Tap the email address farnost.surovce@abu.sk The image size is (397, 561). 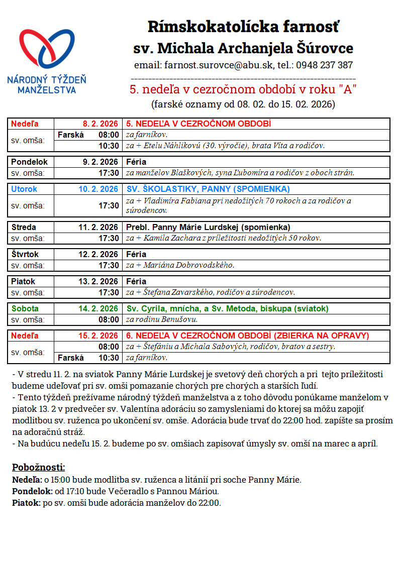218,65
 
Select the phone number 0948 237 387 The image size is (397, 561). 324,65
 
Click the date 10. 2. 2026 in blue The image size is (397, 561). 98,189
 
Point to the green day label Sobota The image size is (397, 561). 25,309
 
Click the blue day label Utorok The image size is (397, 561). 24,189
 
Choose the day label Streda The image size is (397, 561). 24,227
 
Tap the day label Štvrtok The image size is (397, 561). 25,254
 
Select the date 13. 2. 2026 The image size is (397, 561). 98,281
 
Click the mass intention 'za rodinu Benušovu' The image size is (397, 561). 162,319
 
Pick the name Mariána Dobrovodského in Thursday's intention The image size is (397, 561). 191,265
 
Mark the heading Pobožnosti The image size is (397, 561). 39,468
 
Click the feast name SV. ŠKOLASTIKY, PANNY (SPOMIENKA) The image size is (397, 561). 208,189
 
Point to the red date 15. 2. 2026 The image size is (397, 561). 98,335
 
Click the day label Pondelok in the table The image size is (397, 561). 29,162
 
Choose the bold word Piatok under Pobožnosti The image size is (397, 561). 25,503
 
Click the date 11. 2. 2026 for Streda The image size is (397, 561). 98,227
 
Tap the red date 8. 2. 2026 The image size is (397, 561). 100,124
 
